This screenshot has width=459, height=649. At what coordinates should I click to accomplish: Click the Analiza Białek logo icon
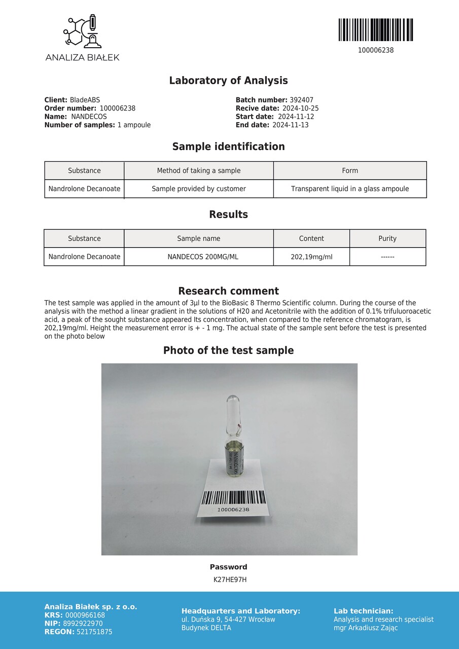click(82, 31)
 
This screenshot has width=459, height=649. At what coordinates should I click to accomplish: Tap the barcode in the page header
click(375, 30)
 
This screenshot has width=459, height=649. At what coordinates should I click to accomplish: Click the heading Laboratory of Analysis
click(228, 81)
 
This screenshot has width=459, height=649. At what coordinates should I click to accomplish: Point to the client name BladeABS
click(85, 100)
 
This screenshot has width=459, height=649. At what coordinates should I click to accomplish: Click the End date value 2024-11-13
click(290, 125)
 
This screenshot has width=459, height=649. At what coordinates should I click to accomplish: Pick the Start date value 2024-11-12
click(296, 117)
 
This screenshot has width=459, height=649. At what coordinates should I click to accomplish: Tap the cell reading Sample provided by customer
click(199, 189)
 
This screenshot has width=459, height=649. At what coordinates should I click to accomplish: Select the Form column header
click(350, 171)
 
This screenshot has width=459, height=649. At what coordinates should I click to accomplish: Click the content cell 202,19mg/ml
click(311, 257)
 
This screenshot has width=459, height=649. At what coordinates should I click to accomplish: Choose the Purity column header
click(387, 238)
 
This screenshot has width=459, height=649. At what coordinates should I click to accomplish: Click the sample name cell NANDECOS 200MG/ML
click(199, 257)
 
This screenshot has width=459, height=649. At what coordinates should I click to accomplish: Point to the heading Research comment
click(228, 291)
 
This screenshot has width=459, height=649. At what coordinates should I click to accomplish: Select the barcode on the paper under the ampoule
click(233, 497)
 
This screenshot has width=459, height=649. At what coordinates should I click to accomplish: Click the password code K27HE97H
click(230, 580)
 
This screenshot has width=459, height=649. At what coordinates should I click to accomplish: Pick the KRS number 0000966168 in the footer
click(85, 616)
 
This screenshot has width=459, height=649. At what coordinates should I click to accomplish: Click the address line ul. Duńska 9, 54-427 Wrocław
click(228, 620)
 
